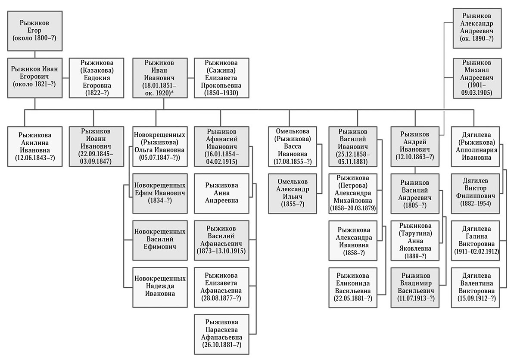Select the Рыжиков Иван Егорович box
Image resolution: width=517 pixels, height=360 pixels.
pos(34,78)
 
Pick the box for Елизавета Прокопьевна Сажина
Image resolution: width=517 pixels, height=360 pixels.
pos(221,78)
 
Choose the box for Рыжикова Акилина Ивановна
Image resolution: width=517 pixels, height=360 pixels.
pos(34,147)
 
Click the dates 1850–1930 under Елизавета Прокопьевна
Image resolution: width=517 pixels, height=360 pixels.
pos(221,93)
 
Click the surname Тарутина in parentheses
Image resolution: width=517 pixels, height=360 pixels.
pos(415,233)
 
